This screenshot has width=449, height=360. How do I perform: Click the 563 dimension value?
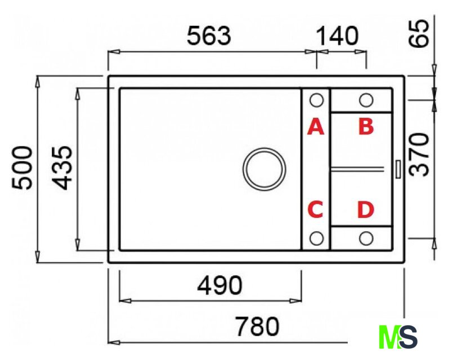[x=209, y=36]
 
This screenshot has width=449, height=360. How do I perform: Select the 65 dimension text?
[x=419, y=34]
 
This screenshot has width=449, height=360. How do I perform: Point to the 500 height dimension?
[x=23, y=168]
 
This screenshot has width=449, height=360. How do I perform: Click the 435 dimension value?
[x=62, y=168]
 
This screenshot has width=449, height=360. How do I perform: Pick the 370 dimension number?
[x=419, y=155]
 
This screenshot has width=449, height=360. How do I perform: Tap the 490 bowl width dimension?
[x=219, y=285]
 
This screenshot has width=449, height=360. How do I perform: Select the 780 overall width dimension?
[x=257, y=326]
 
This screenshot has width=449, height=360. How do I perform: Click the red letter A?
[x=316, y=127]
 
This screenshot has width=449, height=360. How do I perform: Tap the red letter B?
[x=366, y=127]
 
